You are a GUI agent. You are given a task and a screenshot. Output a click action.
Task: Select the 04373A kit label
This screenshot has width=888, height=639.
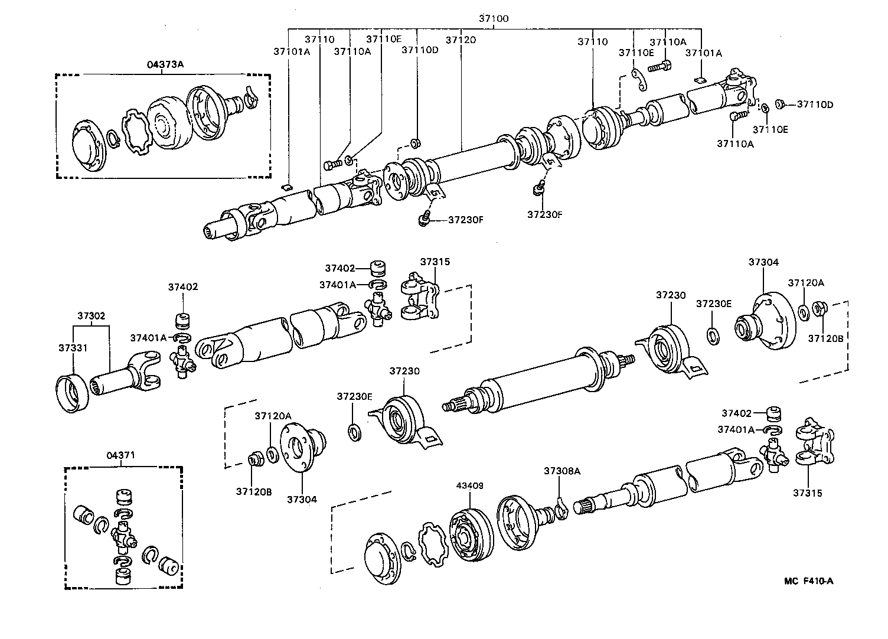(165, 64)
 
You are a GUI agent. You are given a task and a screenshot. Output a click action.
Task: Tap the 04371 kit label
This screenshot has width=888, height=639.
(121, 455)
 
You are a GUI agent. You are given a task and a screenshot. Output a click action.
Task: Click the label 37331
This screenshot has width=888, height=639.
(73, 348)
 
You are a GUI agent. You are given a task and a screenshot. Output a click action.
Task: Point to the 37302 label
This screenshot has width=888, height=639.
(92, 315)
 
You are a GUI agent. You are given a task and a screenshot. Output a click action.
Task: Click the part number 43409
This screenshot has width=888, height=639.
(470, 485)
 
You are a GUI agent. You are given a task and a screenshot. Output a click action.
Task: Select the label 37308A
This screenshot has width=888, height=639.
(561, 471)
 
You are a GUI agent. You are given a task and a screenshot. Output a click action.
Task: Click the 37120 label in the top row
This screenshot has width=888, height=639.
(461, 40)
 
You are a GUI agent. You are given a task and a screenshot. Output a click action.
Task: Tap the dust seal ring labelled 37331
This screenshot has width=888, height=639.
(71, 393)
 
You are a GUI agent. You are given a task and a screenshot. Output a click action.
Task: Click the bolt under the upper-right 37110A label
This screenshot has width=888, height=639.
(660, 67)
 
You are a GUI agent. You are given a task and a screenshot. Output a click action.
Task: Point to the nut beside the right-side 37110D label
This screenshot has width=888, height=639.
(779, 104)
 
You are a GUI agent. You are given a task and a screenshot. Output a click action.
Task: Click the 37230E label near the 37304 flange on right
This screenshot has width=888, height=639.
(713, 304)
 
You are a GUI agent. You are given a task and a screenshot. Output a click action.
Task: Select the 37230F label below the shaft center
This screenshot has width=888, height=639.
(544, 214)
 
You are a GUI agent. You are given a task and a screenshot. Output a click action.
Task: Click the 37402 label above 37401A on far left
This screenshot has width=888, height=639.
(182, 287)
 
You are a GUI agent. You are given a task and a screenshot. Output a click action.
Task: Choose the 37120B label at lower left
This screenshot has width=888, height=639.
(254, 491)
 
